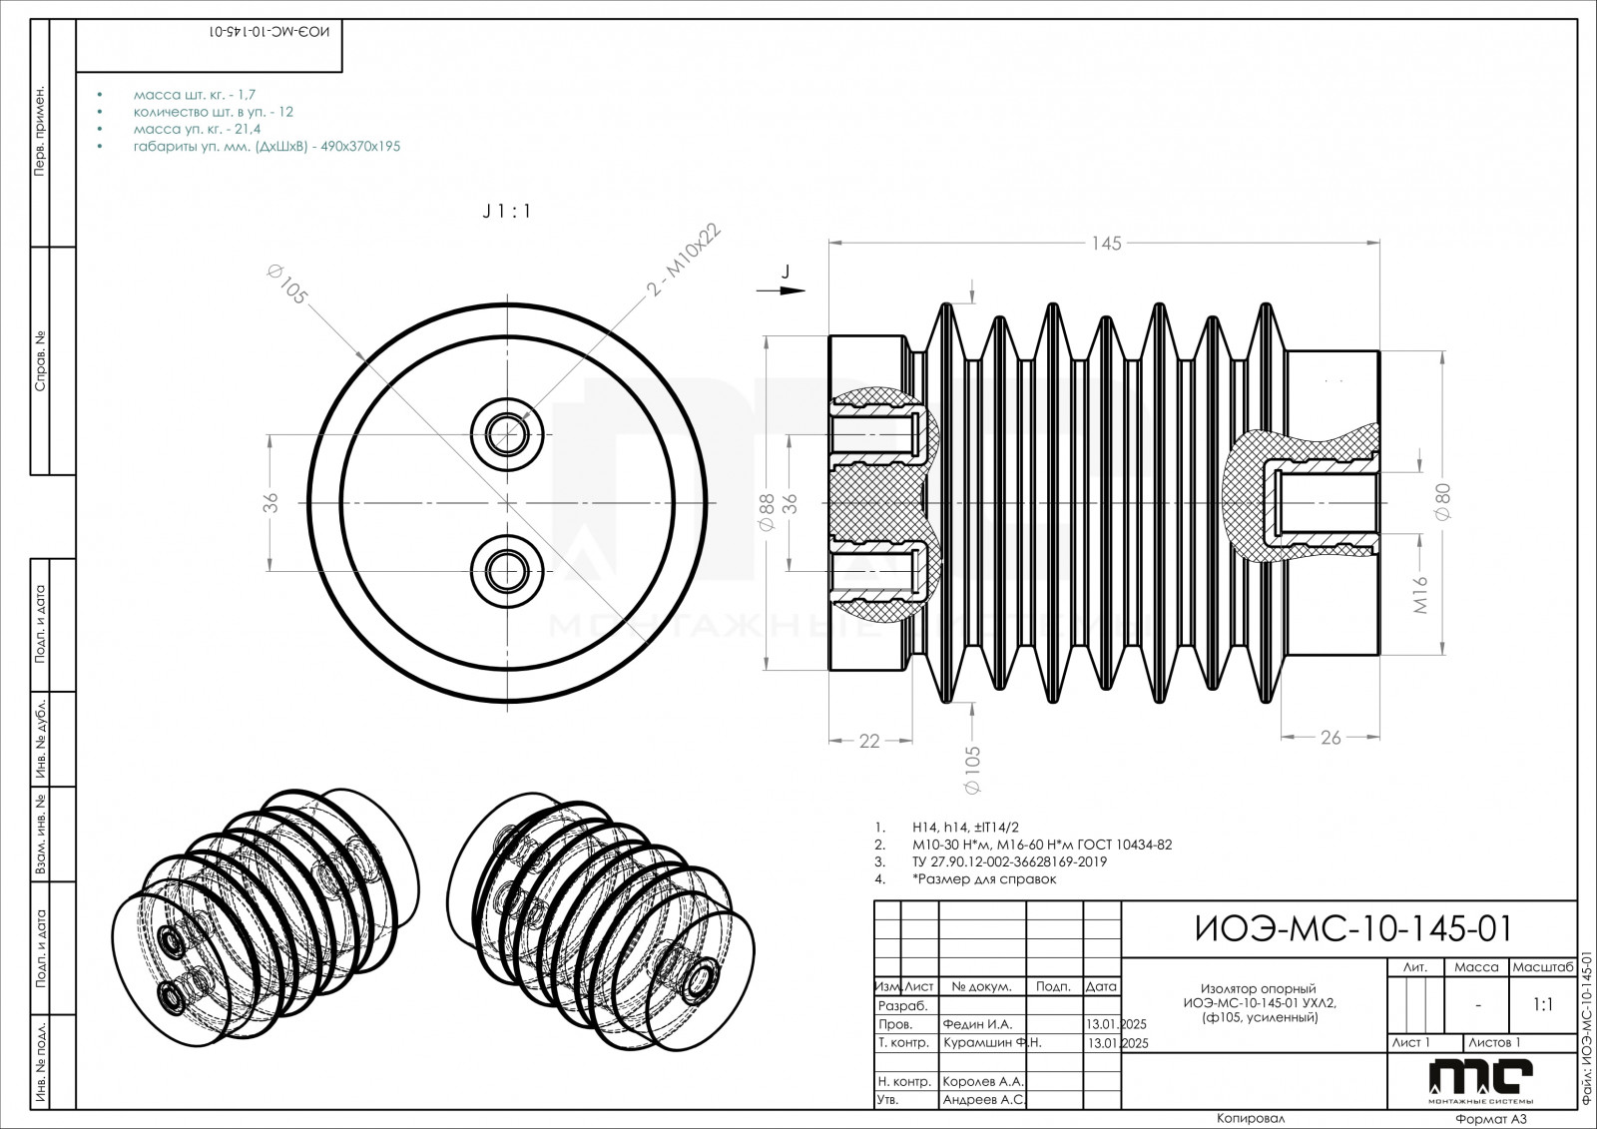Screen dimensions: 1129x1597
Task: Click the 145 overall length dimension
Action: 1106,243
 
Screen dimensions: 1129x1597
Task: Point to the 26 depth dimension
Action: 1331,738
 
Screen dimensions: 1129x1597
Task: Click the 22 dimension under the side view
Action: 869,741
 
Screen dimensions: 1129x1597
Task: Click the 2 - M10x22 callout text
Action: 684,262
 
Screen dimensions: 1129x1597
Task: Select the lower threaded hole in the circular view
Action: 508,570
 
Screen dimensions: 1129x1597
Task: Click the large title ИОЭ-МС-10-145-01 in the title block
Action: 1352,928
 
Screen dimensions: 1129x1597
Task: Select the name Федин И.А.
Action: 978,1024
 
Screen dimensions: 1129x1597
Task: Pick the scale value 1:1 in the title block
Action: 1542,1005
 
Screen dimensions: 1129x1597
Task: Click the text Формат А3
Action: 1491,1120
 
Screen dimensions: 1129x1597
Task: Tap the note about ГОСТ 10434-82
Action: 1042,845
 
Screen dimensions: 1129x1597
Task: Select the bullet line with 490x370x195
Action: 266,146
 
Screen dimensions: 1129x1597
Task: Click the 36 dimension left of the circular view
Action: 269,502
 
